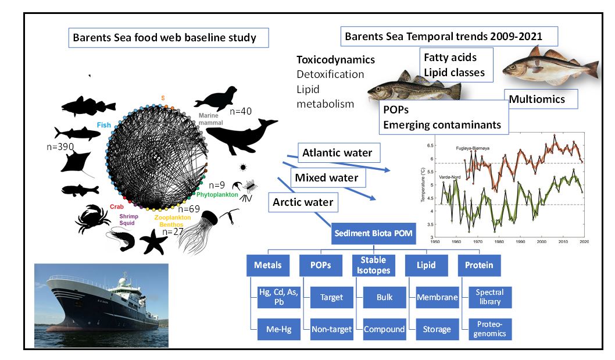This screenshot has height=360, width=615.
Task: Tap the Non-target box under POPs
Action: pos(331,329)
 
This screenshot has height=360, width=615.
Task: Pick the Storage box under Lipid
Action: pos(437,329)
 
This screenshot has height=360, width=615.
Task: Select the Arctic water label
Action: pos(303,202)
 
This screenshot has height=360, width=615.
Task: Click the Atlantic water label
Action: pos(337,154)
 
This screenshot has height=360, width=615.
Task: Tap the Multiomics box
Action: pos(537,99)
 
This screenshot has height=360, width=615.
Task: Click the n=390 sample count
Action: pos(60,147)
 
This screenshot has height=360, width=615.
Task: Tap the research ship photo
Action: pos(101,305)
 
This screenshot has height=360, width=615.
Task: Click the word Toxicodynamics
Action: pos(335,60)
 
